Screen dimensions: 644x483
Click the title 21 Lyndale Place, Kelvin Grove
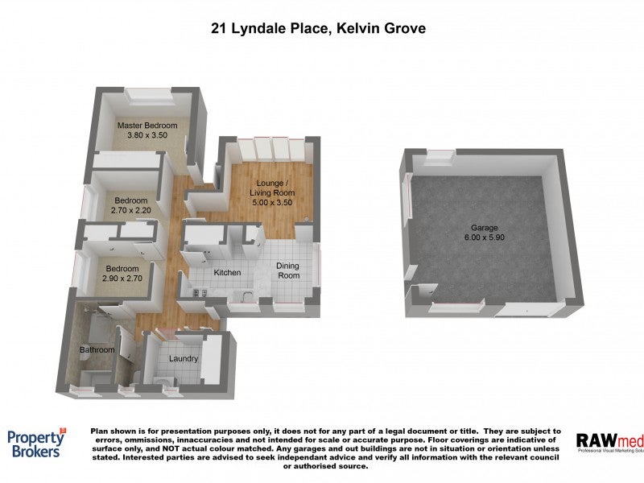[x=318, y=28]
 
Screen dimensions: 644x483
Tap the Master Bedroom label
[x=147, y=126]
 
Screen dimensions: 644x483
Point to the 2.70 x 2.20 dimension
[x=131, y=210]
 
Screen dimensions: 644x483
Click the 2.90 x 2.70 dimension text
[x=122, y=279]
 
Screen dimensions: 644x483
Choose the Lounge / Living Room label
[x=272, y=188]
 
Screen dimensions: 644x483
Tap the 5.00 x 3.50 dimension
[x=272, y=203]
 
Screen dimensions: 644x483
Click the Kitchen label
[x=227, y=272]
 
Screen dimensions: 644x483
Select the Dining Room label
[x=288, y=270]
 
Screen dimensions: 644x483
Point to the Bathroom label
[x=97, y=350]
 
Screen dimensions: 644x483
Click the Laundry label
[x=184, y=358]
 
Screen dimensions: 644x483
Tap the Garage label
[x=485, y=228]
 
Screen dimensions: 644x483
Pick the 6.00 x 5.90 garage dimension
[x=485, y=237]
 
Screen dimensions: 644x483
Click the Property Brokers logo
[x=37, y=444]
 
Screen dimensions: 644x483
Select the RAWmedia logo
[x=610, y=442]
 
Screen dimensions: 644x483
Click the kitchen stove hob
[x=200, y=293]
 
